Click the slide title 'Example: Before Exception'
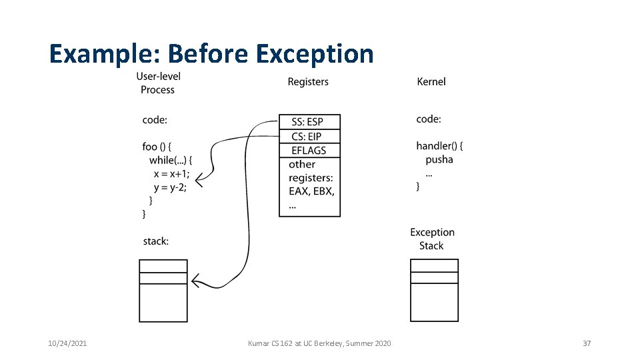[211, 53]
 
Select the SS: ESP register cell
[309, 122]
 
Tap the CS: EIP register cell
[309, 137]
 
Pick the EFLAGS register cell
[309, 151]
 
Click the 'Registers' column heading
[308, 81]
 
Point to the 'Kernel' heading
[431, 81]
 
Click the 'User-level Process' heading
[159, 83]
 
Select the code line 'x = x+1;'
[171, 174]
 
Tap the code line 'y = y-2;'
[170, 187]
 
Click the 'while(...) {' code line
[171, 160]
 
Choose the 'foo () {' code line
[157, 146]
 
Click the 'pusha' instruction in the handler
[439, 159]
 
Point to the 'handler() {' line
[439, 145]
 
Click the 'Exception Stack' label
[432, 239]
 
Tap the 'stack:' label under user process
[155, 241]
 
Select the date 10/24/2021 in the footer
[67, 343]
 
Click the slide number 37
[587, 343]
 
